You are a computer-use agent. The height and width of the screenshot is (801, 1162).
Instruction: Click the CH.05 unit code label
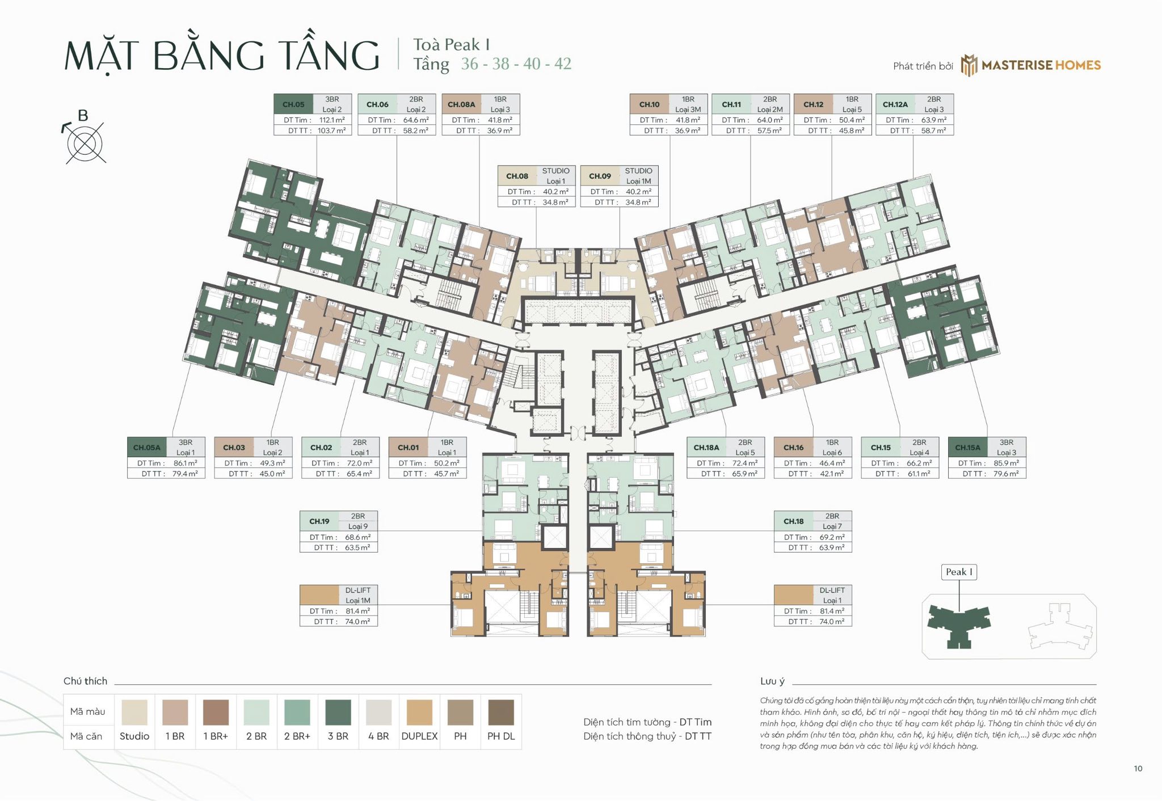pos(293,104)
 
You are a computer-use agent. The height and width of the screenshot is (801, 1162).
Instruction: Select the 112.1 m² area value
pos(332,120)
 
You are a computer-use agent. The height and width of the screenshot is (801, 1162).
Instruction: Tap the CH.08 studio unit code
pos(517,176)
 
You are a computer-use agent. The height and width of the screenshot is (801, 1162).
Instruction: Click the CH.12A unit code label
pos(895,104)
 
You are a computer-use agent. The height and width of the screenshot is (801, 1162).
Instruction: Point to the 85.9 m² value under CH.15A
pos(1006,463)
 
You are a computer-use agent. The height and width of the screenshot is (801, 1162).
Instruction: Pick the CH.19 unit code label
pos(319,521)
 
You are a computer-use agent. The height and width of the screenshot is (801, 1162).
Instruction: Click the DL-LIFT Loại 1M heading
pos(357,595)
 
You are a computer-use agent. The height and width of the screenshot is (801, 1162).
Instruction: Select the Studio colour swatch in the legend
pos(134,712)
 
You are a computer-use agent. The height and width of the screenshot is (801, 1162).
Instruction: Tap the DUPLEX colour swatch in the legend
pos(419,712)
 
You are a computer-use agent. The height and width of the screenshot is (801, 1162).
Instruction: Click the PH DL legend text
pos(501,736)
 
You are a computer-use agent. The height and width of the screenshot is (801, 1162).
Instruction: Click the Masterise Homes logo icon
pos(969,65)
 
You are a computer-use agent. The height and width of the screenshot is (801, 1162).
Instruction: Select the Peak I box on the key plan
pos(959,572)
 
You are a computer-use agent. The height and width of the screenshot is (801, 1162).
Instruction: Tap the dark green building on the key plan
pos(959,624)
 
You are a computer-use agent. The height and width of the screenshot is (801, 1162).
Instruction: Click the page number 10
pos(1138,769)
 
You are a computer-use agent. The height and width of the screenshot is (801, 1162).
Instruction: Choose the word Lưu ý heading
pos(772,681)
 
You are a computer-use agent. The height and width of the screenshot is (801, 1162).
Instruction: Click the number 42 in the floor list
pos(562,64)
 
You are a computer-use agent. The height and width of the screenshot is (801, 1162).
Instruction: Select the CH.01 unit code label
pos(408,448)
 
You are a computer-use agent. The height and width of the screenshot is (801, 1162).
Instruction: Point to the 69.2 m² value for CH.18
pos(832,537)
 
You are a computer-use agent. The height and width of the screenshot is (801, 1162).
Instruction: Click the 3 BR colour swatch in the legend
pos(338,712)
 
